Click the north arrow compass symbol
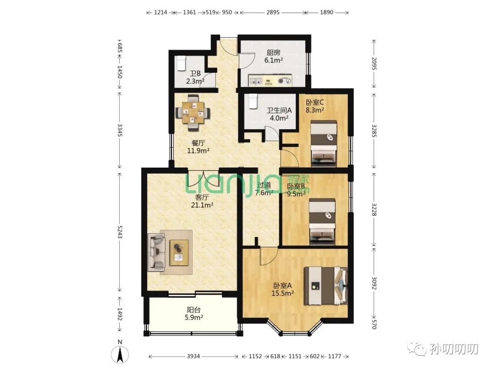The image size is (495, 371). click(120, 354)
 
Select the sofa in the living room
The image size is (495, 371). click(157, 252)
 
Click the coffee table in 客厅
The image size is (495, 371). click(179, 252)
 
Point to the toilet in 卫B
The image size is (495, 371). click(181, 64)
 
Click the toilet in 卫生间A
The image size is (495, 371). click(253, 101)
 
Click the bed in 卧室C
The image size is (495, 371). click(324, 143)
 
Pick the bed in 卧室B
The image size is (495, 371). click(322, 222)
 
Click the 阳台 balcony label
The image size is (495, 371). click(194, 310)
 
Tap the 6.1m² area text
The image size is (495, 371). click(273, 60)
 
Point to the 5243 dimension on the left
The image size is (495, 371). click(120, 232)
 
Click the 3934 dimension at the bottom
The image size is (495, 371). click(193, 356)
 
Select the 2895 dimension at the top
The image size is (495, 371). click(273, 12)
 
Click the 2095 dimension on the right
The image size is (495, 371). click(374, 64)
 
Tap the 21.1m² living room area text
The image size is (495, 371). click(202, 205)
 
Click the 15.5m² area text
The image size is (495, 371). click(283, 293)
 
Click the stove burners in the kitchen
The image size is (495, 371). click(285, 81)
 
